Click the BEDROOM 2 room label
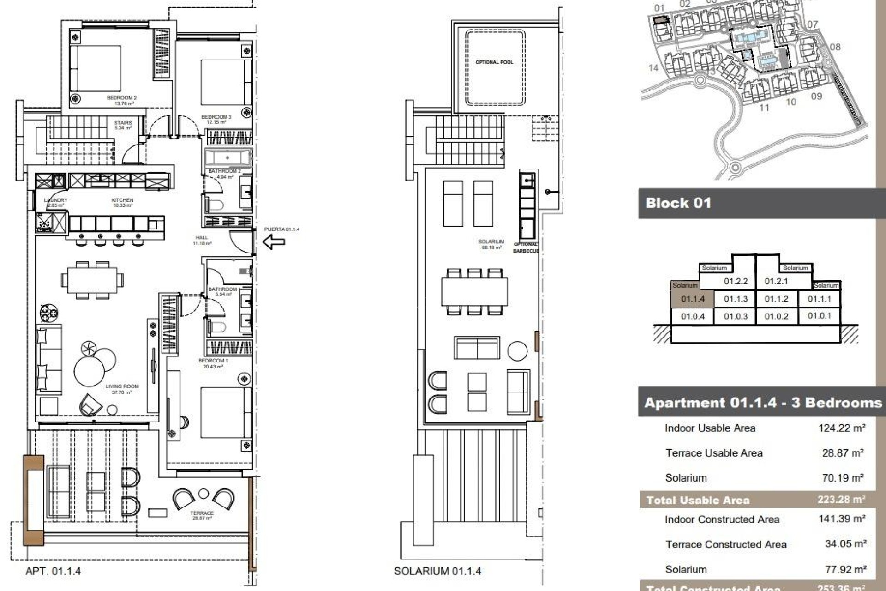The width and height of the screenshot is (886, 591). (121, 98)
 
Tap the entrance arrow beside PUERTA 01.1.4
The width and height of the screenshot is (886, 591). (274, 241)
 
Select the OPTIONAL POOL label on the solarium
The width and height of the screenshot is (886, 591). (494, 62)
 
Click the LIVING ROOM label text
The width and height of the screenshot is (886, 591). (122, 386)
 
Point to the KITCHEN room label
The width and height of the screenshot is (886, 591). (122, 200)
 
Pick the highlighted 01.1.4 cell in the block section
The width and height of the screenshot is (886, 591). (692, 299)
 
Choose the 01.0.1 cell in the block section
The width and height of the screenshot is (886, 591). (819, 316)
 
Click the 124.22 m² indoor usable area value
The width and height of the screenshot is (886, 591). (841, 428)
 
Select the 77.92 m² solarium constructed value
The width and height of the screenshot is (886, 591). (845, 569)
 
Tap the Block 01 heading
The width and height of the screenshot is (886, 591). (678, 203)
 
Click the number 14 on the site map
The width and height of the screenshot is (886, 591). (653, 68)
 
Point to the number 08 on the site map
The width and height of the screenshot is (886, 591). (835, 47)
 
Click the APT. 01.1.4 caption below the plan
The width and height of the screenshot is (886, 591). (53, 571)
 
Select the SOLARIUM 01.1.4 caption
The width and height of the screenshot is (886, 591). (437, 571)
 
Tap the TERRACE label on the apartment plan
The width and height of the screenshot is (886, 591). (202, 513)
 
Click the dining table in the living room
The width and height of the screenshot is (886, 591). (92, 280)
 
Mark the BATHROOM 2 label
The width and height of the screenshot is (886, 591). (224, 171)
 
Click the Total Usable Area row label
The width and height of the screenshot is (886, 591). (697, 500)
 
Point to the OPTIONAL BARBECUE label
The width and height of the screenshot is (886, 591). (526, 247)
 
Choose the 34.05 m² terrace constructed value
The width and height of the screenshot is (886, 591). (845, 544)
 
